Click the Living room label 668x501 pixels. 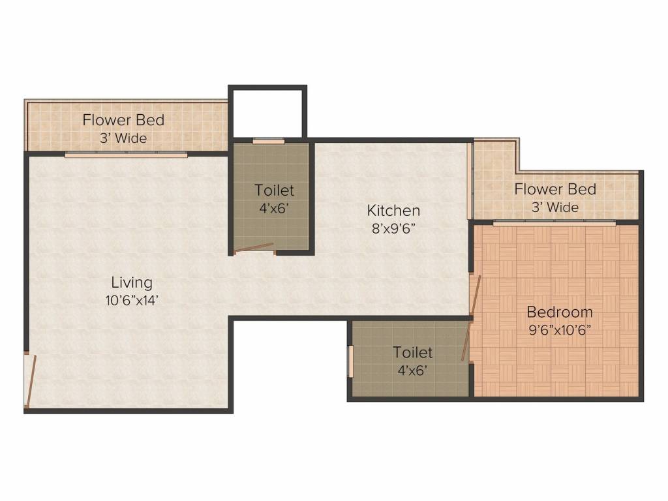pos(132,282)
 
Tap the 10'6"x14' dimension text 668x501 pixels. pos(132,301)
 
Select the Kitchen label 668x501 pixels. pos(393,210)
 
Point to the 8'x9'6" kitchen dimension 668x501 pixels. pos(393,228)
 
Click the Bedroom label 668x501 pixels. pos(560,311)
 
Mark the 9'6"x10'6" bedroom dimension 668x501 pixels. pos(560,329)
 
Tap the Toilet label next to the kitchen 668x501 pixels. pos(274,190)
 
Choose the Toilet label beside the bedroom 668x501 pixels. pos(412,352)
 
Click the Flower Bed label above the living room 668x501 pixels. pos(123,120)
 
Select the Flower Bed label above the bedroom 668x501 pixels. pos(554,189)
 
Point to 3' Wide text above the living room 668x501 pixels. pos(123,138)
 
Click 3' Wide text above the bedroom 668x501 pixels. pos(554,207)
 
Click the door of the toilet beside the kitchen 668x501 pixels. pos(254,248)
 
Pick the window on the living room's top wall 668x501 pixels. pos(126,154)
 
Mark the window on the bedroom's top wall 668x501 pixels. pos(554,223)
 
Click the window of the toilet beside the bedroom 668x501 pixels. pos(350,361)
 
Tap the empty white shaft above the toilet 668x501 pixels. pos(267,112)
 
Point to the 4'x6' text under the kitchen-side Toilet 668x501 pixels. pos(274,208)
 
